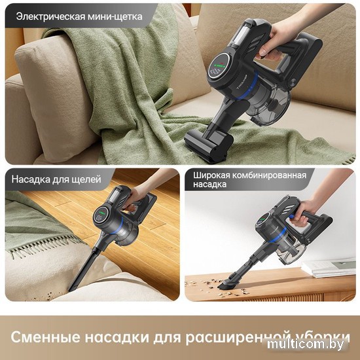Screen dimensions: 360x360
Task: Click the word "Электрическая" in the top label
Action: tap(51, 17)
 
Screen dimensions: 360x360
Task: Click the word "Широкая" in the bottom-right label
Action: tap(211, 175)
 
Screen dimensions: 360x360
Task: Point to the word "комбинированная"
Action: tap(269, 175)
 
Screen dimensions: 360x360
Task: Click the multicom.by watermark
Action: tap(306, 344)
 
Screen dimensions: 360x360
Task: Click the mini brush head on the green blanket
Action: tap(208, 145)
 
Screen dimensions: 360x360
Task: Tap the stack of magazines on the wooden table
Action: tap(329, 268)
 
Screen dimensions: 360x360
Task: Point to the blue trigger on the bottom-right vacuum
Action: tap(291, 216)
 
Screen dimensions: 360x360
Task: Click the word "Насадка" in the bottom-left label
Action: tap(31, 179)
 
